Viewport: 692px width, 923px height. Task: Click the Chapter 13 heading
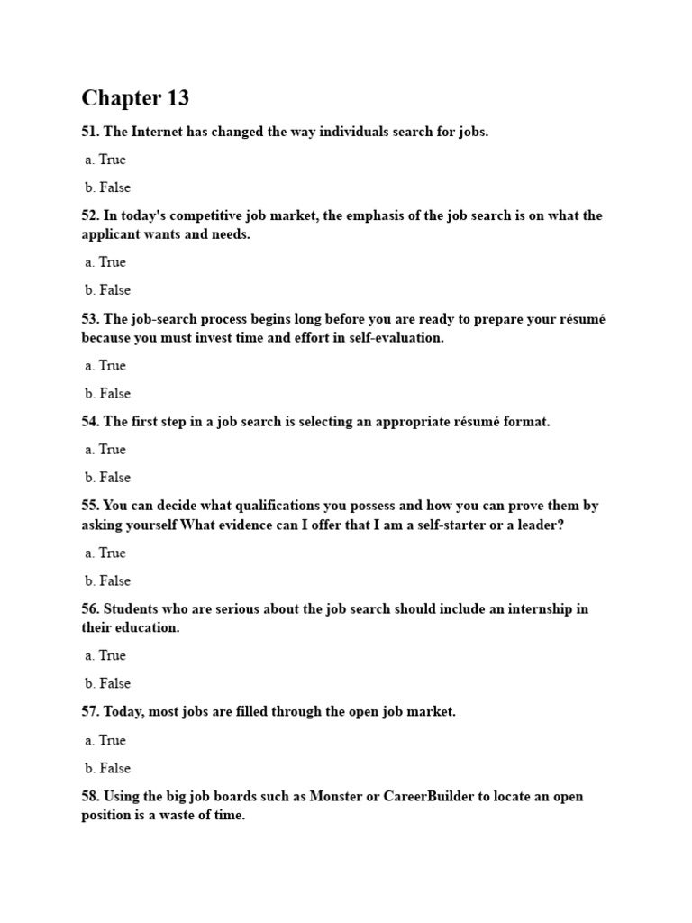pos(135,97)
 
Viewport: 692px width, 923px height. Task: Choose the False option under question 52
pos(107,290)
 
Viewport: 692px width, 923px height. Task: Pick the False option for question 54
pos(107,478)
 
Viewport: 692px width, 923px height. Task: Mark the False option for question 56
pos(107,683)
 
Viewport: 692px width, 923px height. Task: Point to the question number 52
pos(90,215)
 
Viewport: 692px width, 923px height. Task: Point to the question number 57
pos(90,711)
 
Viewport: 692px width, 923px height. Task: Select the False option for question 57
pos(107,768)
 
